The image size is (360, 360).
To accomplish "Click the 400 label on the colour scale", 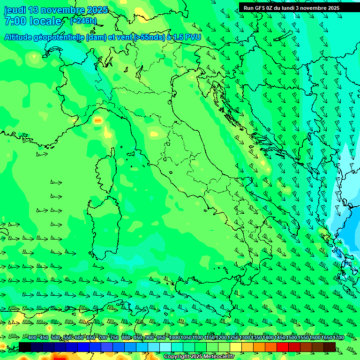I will (32, 338).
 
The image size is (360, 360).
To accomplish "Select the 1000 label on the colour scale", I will (174, 338).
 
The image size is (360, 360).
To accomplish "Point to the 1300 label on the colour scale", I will (245, 338).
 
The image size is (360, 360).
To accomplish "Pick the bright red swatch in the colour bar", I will (283, 347).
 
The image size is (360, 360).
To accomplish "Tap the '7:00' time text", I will (15, 21).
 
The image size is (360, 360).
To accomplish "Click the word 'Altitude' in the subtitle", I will (21, 37).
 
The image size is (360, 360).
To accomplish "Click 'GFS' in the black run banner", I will (262, 8).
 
